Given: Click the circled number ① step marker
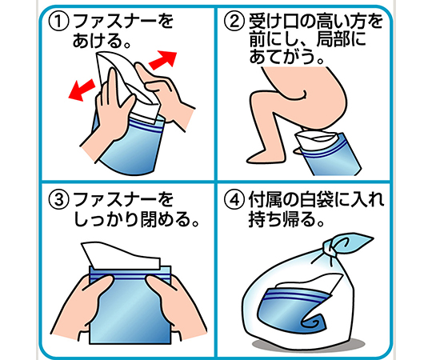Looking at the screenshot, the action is (58, 22).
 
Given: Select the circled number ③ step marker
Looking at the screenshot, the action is (58, 200).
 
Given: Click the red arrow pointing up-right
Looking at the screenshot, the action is (163, 59).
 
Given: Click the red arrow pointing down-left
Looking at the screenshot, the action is (82, 90).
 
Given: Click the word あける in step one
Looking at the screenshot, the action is (98, 41).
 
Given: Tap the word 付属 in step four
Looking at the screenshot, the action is (265, 200).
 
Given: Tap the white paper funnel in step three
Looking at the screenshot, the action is (122, 254).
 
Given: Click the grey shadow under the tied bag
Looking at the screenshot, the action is (309, 345).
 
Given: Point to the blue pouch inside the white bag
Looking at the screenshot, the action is (294, 306).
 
